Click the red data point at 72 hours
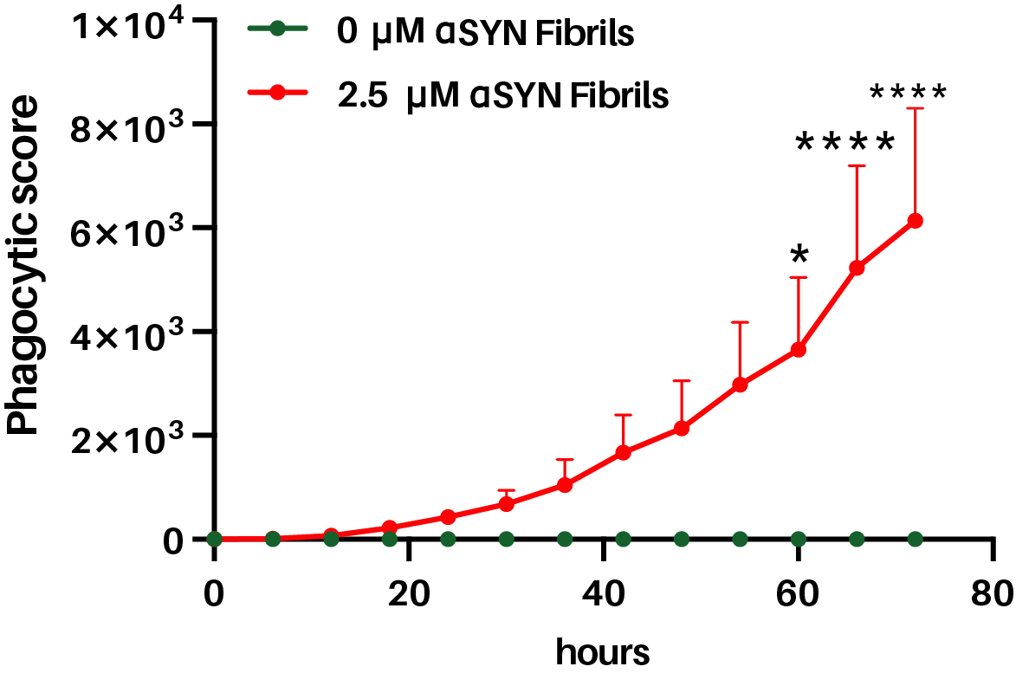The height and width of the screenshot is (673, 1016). pos(916,221)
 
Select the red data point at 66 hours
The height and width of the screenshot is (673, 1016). pos(857,268)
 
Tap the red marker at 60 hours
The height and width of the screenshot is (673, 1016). pos(799,350)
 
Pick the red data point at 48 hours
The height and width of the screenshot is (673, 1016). pos(682,428)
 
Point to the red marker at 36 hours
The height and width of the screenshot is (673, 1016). pos(565,485)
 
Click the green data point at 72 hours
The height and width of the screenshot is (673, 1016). pos(916,539)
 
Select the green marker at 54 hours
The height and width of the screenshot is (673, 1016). pos(740,539)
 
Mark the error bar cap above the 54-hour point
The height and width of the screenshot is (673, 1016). pos(740,322)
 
